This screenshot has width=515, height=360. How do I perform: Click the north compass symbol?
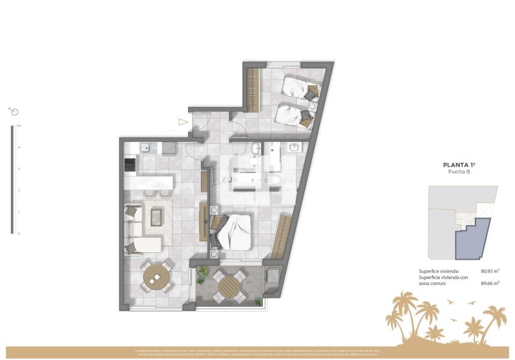point(13,110)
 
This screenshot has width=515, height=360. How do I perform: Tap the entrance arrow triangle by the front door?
point(182,122)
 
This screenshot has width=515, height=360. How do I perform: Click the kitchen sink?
point(146,147)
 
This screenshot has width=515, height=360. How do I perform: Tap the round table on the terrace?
point(230,284)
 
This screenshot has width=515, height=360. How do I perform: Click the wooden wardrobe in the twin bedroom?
point(253,89)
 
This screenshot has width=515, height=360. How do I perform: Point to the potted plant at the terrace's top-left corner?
point(202,273)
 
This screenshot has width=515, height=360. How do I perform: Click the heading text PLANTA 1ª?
point(459,165)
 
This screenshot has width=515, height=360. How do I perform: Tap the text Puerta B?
point(458,172)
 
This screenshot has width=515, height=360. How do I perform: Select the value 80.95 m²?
point(490,271)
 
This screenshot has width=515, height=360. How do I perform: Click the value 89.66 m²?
point(490,283)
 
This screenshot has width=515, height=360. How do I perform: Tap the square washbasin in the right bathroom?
point(295,147)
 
